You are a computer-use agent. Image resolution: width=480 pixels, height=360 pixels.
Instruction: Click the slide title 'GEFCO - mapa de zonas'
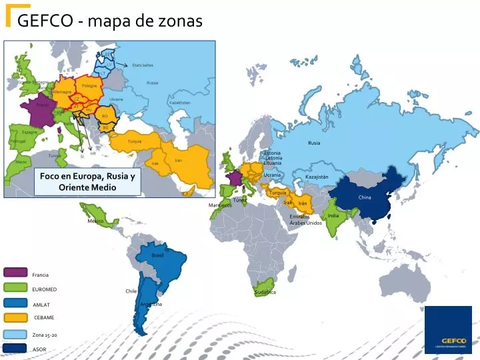pyautogui.click(x=110, y=21)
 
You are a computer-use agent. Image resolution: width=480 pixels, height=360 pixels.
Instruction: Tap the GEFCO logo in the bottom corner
pyautogui.click(x=449, y=329)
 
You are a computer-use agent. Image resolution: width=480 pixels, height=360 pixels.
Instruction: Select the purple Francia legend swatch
pyautogui.click(x=15, y=272)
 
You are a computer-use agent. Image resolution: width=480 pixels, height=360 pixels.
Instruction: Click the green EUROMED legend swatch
pyautogui.click(x=15, y=287)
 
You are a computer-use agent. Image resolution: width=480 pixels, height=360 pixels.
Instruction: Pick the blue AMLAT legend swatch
pyautogui.click(x=15, y=303)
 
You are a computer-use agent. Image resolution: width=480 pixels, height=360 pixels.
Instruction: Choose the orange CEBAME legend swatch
pyautogui.click(x=15, y=317)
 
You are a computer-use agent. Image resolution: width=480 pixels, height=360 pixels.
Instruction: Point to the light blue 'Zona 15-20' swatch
pyautogui.click(x=15, y=334)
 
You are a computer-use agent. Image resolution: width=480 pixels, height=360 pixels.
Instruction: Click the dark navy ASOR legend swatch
pyautogui.click(x=15, y=348)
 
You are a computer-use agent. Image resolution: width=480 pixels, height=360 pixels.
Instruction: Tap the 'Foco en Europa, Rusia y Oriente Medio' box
pyautogui.click(x=87, y=181)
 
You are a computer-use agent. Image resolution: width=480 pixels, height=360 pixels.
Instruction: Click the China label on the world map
pyautogui.click(x=365, y=197)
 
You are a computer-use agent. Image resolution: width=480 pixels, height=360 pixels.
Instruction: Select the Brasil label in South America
pyautogui.click(x=157, y=255)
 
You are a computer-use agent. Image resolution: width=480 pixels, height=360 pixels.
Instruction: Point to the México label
pyautogui.click(x=96, y=221)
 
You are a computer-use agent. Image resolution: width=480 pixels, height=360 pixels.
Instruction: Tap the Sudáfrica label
pyautogui.click(x=265, y=292)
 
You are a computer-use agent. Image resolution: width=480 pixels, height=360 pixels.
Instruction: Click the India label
pyautogui.click(x=333, y=215)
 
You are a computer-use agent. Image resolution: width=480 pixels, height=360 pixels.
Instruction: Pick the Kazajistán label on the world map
pyautogui.click(x=317, y=177)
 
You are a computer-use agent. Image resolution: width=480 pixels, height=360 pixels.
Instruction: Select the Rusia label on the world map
pyautogui.click(x=314, y=143)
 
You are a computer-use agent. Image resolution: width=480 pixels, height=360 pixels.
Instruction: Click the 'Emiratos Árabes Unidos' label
pyautogui.click(x=305, y=219)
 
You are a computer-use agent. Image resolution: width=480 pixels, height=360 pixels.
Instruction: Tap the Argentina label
pyautogui.click(x=151, y=304)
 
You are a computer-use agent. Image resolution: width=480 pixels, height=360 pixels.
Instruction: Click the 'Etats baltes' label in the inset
pyautogui.click(x=143, y=65)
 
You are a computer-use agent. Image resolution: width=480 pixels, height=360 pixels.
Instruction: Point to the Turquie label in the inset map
pyautogui.click(x=135, y=141)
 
